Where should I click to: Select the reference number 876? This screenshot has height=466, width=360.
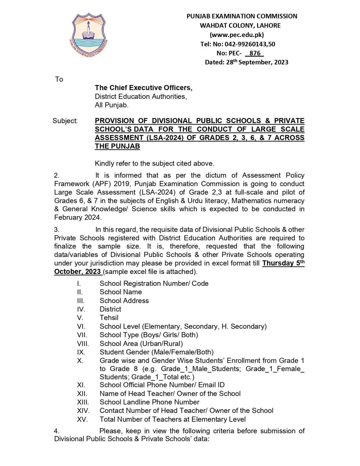tap(255, 53)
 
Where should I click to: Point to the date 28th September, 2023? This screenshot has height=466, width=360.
tap(257, 62)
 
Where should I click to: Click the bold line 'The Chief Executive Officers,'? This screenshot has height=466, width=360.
tap(143, 88)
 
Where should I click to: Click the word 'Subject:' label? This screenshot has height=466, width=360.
tap(65, 121)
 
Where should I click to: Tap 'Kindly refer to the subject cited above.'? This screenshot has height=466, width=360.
tap(154, 164)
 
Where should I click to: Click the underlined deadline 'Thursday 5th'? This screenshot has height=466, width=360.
tap(283, 263)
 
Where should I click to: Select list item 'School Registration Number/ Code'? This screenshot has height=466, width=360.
tap(154, 283)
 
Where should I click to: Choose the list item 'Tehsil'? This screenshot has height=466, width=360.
tap(109, 318)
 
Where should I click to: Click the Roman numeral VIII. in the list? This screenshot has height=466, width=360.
tap(83, 343)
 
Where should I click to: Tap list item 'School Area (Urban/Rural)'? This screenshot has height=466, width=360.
tap(141, 343)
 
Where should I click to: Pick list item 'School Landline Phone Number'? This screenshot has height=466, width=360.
tap(149, 402)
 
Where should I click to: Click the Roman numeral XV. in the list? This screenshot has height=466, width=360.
tap(82, 419)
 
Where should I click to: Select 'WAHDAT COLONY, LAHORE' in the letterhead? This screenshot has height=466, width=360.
tap(240, 25)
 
